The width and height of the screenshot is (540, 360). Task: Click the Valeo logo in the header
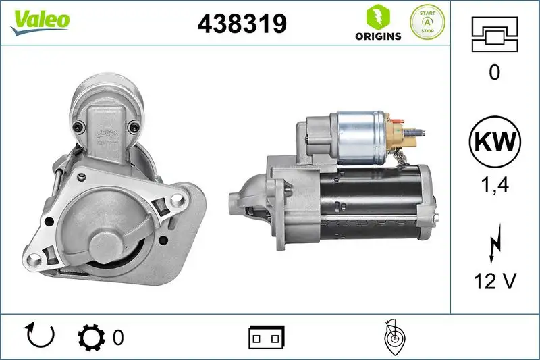[39, 20]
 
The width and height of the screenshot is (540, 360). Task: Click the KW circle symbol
[495, 143]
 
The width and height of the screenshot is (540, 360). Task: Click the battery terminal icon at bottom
[267, 336]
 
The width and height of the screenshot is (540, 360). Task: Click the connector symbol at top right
[495, 34]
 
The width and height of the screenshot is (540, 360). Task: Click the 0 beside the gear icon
[119, 336]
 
